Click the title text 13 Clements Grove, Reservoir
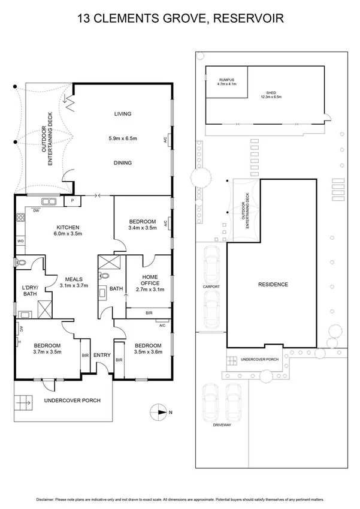[x=180, y=19]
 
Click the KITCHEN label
[x=68, y=227]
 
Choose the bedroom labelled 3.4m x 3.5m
[x=142, y=224]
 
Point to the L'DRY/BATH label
[x=30, y=290]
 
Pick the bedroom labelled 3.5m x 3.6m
[x=147, y=349]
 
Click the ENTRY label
[x=102, y=355]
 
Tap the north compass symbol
[x=159, y=412]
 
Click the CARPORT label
[x=211, y=287]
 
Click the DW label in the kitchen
[x=36, y=211]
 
